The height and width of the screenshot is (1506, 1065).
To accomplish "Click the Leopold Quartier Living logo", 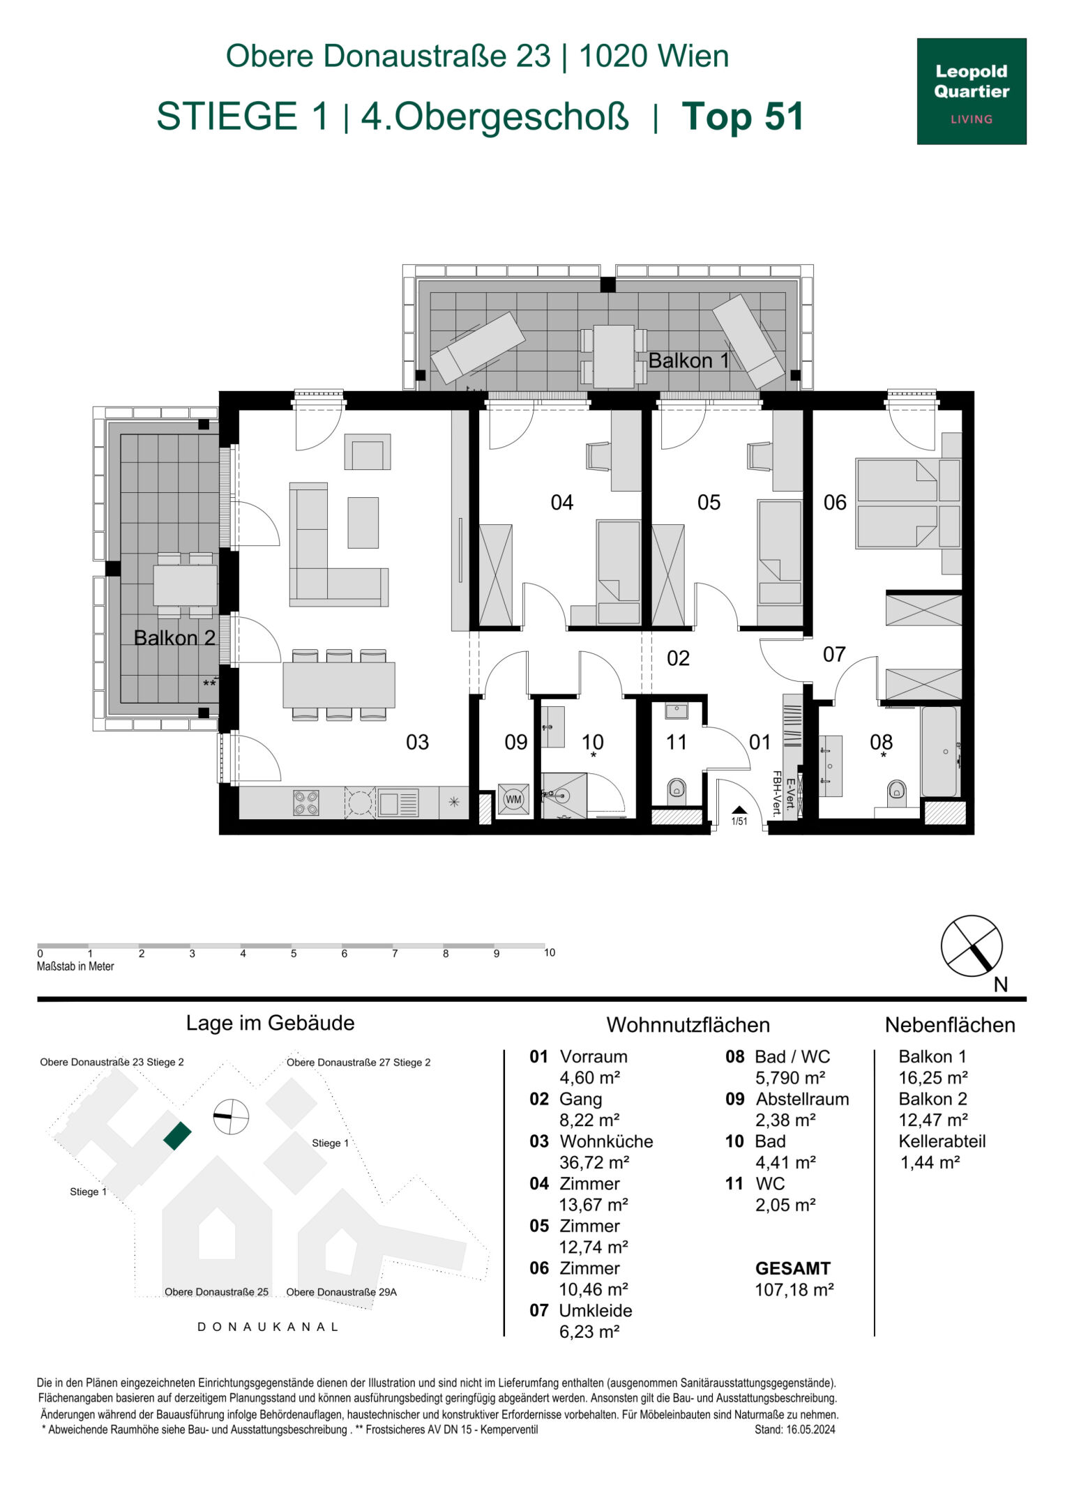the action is [x=971, y=91].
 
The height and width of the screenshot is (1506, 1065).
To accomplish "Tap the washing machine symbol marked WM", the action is [x=513, y=800].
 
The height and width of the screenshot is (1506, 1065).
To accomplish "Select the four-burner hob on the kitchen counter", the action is [x=305, y=803].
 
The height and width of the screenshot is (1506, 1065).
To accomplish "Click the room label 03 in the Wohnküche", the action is [x=418, y=742].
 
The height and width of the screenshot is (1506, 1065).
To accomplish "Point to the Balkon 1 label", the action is [x=689, y=360].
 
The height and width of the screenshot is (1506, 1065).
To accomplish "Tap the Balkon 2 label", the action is [x=174, y=638].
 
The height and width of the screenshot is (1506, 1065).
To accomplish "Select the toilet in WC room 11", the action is [x=677, y=790].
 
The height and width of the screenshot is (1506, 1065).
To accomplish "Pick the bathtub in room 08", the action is [x=939, y=752].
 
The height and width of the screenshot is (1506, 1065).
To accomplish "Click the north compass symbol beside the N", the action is [x=972, y=946].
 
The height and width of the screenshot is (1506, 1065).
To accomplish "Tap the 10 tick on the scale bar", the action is [x=550, y=952].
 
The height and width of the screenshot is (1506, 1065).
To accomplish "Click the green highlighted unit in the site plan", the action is [x=177, y=1136].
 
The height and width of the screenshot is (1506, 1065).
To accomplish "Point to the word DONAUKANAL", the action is [x=269, y=1327].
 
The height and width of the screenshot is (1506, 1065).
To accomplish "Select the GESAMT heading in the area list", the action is [x=793, y=1268].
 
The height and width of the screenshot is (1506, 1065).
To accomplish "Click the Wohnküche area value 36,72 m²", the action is [x=594, y=1162].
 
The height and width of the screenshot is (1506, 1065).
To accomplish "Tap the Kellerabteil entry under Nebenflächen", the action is [x=942, y=1141].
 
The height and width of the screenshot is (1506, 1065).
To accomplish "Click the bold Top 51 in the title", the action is [x=743, y=116].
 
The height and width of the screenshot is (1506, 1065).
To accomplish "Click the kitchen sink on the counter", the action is [x=398, y=803].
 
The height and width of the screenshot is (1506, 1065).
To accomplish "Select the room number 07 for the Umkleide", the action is [x=834, y=654].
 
